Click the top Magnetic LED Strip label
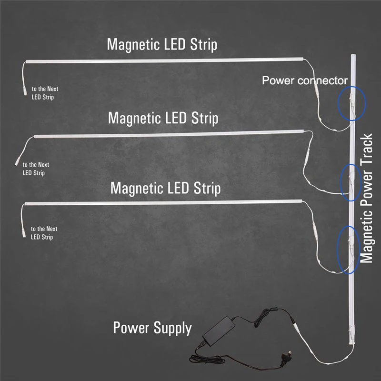pos(162,45)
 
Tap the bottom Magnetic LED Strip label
pos(165,188)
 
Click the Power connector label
pos(305,80)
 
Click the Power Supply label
pos(152,328)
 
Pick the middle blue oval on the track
pos(351,180)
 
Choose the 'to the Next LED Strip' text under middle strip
pos(36,169)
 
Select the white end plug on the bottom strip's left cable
pos(24,231)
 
